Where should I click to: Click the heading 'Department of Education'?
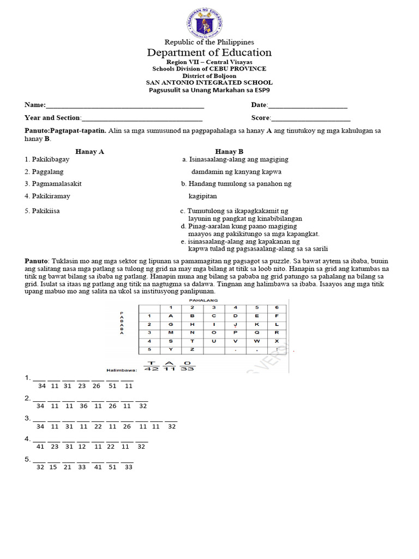coord(209,53)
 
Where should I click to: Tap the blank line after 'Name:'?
coord(125,105)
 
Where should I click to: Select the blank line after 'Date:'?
coord(308,105)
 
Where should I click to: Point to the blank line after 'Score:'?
coord(310,118)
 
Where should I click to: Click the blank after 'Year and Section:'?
coord(142,118)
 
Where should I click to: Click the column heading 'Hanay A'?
coord(89,152)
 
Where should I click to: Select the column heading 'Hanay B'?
coord(229,152)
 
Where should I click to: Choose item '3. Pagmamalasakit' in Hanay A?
coord(53,184)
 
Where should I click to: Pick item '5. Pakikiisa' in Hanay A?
coord(42,211)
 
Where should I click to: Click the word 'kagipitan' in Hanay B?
coord(202,196)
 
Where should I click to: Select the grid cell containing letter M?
coord(170,332)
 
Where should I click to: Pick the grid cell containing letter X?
coord(277,341)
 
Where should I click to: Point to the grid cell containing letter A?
coord(170,316)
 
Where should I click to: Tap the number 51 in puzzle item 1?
coord(113,386)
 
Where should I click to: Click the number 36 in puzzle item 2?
coord(83,406)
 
